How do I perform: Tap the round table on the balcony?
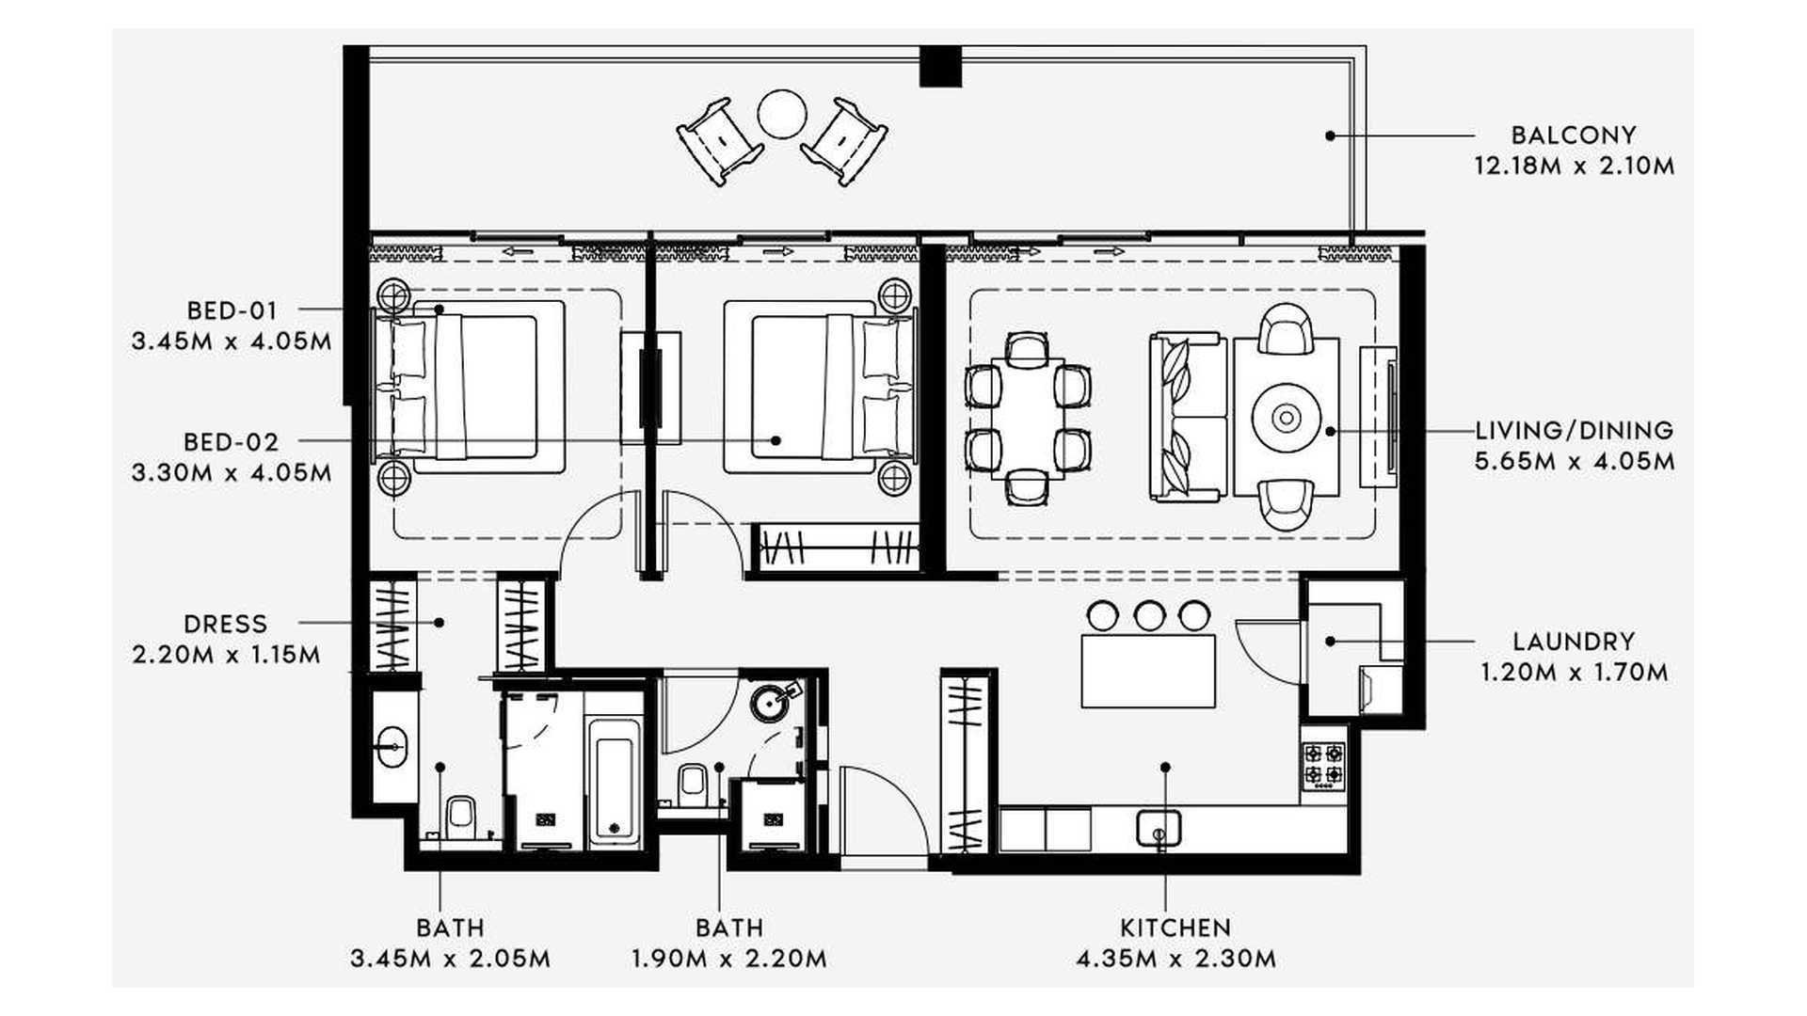[x=781, y=114]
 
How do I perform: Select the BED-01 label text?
[x=232, y=310]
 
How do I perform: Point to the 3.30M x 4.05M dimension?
[x=232, y=472]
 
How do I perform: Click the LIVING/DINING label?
[x=1575, y=431]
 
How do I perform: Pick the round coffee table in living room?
[x=1286, y=416]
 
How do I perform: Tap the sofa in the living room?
[x=1188, y=417]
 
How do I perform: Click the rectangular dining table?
[x=1027, y=419]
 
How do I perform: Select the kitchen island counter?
[x=1148, y=671]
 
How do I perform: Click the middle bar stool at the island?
[x=1149, y=615]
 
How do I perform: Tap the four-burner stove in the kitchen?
[x=1323, y=764]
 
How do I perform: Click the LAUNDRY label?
[x=1574, y=642]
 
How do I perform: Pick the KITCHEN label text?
[x=1175, y=928]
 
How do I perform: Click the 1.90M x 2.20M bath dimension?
[x=729, y=959]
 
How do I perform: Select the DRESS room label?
[x=226, y=624]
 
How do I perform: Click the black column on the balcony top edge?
[x=940, y=66]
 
